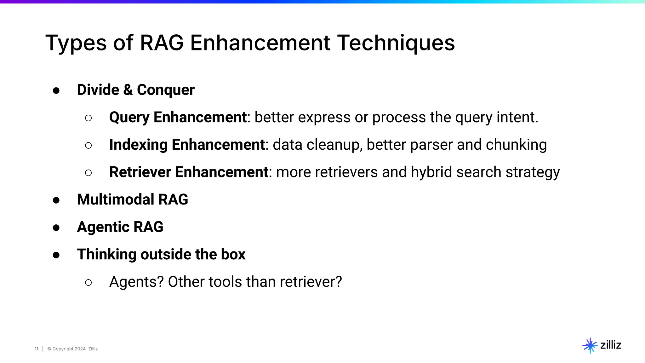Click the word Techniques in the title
point(396,43)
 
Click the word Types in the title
point(76,43)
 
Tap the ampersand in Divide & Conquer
point(128,90)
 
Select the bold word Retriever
point(140,172)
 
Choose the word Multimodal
point(116,199)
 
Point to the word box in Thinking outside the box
point(233,254)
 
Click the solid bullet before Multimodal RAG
point(56,200)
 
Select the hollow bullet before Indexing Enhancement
point(88,145)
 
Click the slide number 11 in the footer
point(36,349)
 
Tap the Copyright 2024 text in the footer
point(69,349)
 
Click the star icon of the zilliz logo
point(590,346)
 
